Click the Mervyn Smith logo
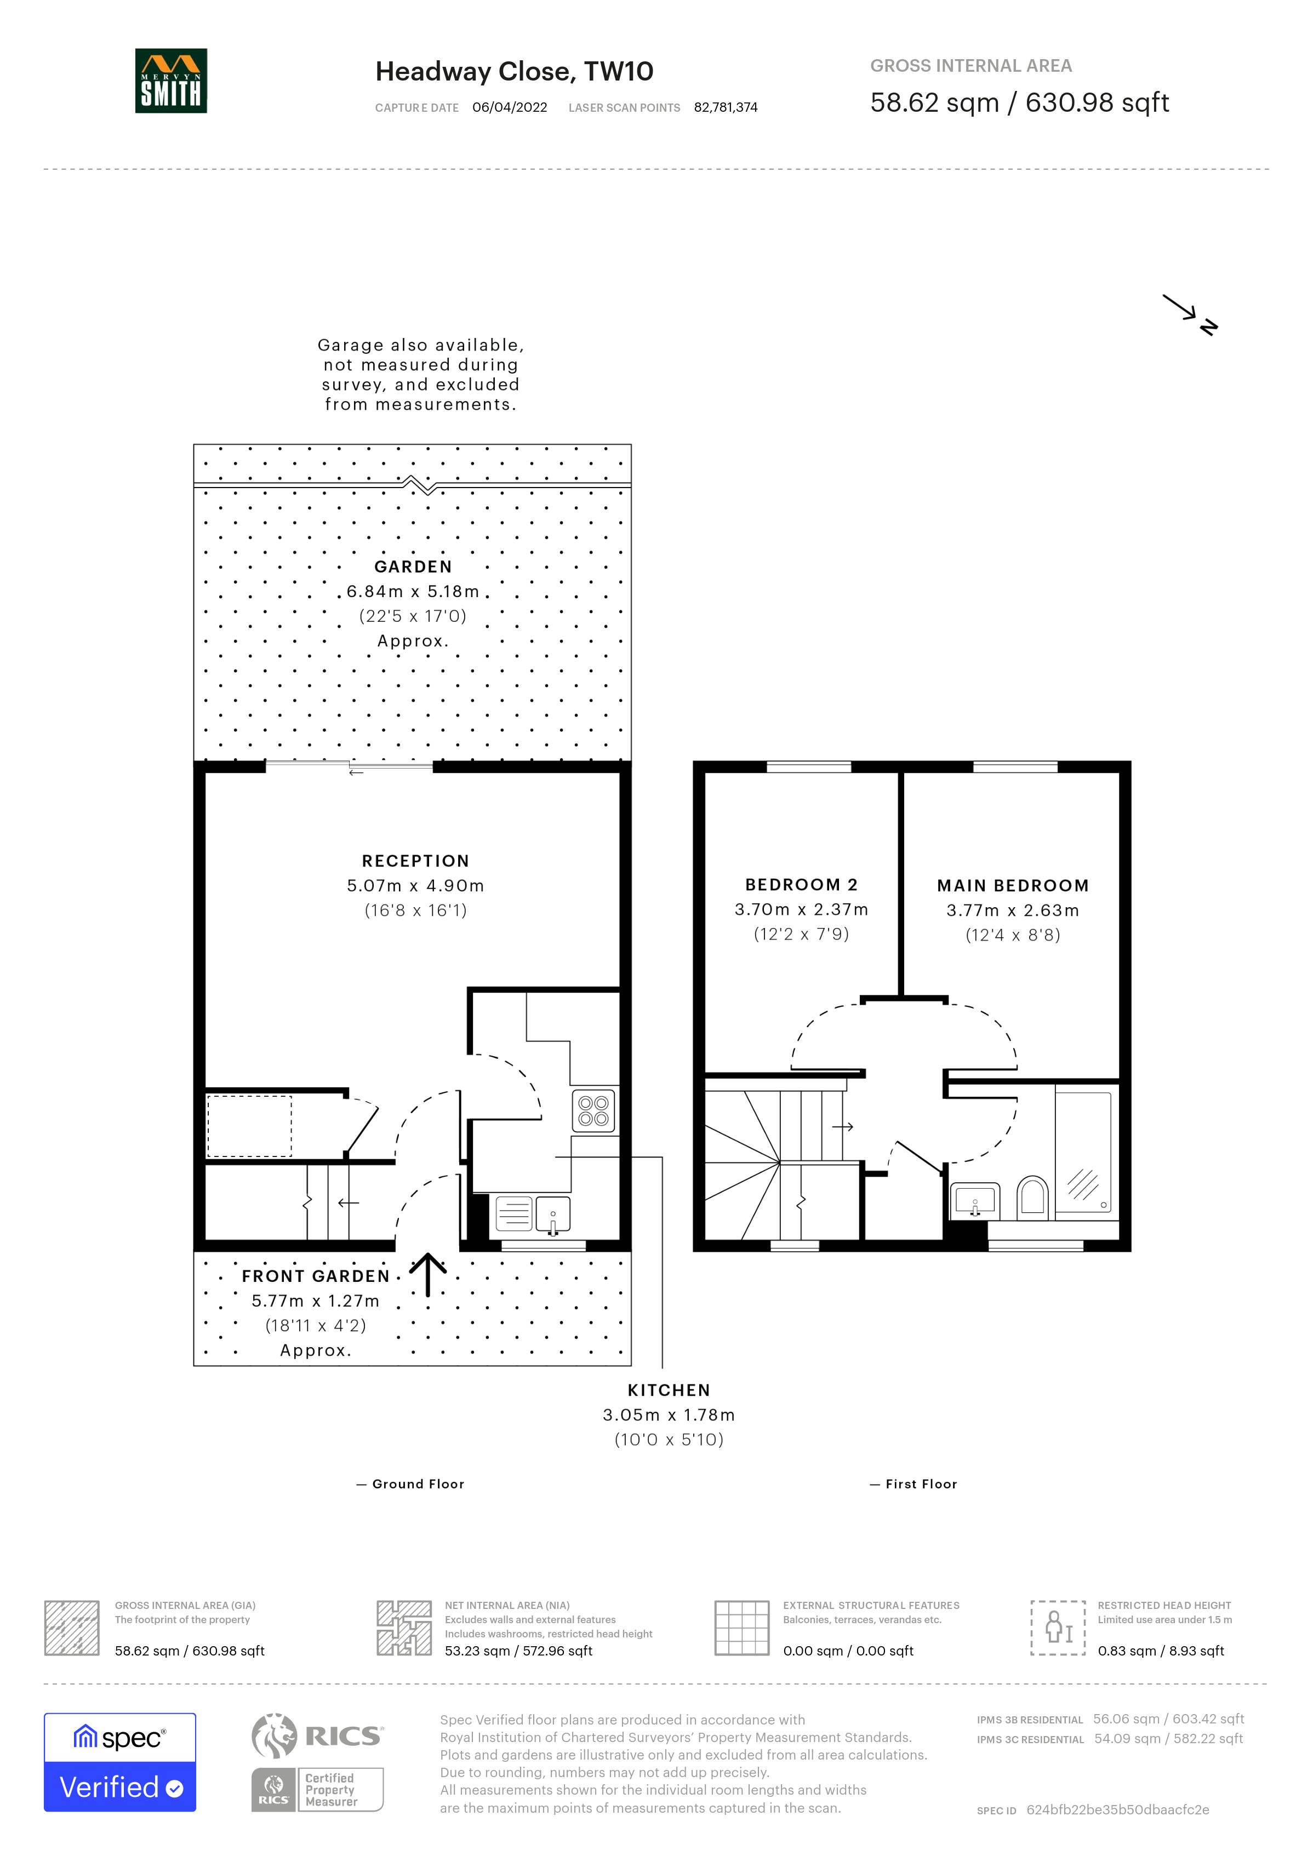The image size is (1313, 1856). (170, 81)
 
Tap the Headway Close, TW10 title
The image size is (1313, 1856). (514, 72)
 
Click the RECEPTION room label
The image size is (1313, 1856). (415, 861)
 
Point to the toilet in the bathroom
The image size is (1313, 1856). (1032, 1196)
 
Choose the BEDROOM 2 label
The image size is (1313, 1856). (801, 885)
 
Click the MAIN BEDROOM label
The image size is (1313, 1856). (1013, 886)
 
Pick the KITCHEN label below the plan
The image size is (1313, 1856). (669, 1390)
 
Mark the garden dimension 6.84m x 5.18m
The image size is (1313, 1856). (413, 592)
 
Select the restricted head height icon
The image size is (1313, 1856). (1058, 1627)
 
